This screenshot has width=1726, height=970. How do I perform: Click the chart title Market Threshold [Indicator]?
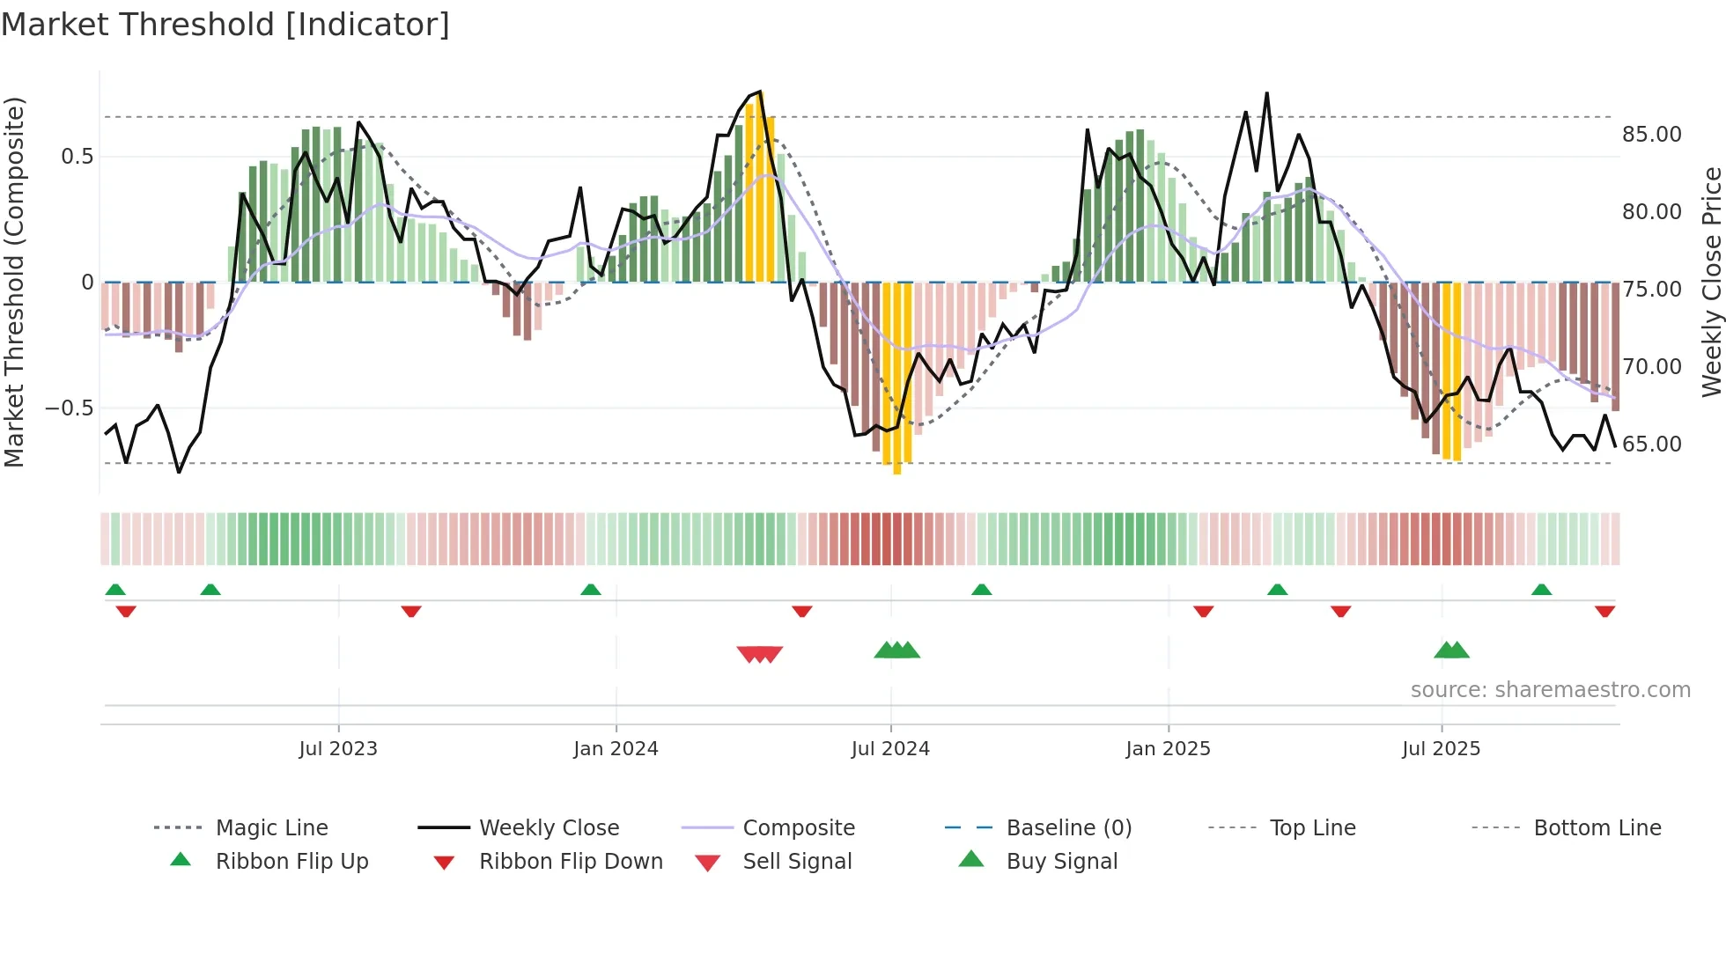coord(225,25)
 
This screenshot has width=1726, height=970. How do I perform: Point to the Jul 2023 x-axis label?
coord(338,749)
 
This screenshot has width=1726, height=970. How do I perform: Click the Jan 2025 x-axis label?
coord(1168,749)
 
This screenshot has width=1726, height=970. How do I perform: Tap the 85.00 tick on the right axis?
coord(1651,135)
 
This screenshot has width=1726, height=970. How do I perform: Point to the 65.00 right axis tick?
coord(1651,445)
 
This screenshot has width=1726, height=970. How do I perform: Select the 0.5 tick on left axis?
coord(77,157)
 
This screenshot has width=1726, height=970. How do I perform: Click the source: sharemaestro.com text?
coord(1550,690)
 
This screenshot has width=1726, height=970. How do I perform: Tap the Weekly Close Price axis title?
coord(1711,282)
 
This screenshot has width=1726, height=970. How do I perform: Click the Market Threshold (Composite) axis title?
coord(14,282)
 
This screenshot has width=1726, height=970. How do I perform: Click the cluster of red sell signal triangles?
coord(760,654)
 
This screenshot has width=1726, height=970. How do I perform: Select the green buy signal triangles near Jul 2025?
coord(1451,650)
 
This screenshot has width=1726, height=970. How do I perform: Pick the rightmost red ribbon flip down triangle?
coord(1604,611)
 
